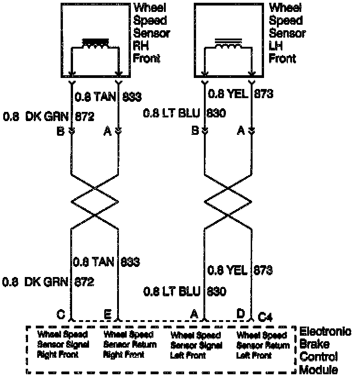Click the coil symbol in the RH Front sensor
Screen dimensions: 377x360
(x=95, y=44)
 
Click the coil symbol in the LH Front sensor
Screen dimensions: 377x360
(x=228, y=44)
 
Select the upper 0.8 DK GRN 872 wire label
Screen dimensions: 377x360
(x=49, y=116)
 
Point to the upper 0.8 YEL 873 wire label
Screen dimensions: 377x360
(x=241, y=94)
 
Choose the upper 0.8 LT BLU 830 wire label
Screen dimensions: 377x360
(x=185, y=113)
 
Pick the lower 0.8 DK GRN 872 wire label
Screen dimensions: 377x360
(x=49, y=282)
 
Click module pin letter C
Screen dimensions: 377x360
(x=60, y=315)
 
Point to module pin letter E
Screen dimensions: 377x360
(x=107, y=315)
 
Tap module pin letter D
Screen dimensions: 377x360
(x=240, y=314)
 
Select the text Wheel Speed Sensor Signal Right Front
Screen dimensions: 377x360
(x=63, y=344)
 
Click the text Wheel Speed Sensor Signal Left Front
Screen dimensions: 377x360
(x=196, y=345)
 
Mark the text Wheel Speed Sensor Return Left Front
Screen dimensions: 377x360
(x=262, y=345)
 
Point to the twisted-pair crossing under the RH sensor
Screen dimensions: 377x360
(x=95, y=201)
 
